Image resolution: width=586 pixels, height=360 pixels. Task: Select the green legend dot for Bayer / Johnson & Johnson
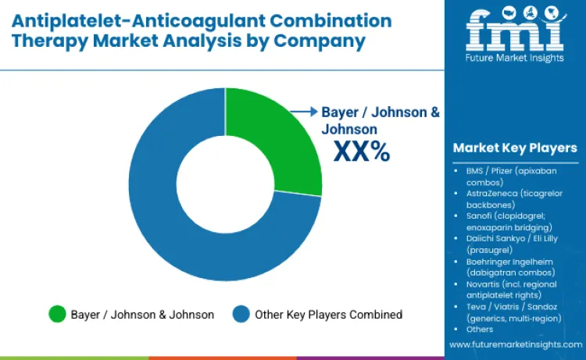point(57,314)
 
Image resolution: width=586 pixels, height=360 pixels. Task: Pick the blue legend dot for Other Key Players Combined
point(241,314)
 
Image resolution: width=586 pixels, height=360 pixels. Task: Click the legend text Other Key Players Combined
point(329,315)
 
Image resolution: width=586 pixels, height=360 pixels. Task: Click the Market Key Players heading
point(514,148)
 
